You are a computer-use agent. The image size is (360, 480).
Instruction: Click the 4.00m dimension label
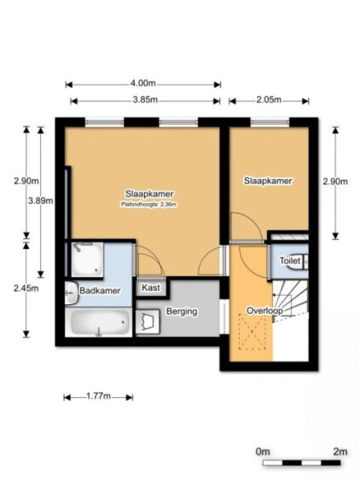tap(143, 83)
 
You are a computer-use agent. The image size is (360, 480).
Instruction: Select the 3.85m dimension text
tap(145, 100)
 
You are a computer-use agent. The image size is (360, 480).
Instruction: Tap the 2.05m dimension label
tap(269, 100)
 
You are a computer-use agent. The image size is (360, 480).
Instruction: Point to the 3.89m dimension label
tap(41, 201)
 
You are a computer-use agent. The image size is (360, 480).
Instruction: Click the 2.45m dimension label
tap(26, 288)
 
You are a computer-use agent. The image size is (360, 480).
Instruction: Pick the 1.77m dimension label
tap(98, 396)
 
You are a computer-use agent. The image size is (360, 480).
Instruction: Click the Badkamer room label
tap(100, 291)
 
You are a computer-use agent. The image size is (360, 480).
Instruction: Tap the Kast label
tap(151, 288)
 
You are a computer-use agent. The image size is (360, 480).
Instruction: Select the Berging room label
tap(182, 312)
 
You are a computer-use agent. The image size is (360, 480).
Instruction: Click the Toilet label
tap(290, 261)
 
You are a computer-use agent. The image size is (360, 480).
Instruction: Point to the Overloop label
tap(264, 310)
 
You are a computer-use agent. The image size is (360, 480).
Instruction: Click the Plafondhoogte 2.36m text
tap(148, 205)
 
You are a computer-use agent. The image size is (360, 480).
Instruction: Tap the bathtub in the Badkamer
tap(99, 322)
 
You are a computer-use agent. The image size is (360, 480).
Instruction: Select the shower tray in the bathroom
tap(87, 259)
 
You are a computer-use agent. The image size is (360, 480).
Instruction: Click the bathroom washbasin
tap(72, 293)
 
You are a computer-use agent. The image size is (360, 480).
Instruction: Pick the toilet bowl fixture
tap(297, 262)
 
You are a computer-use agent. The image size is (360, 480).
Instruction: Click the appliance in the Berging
tap(148, 321)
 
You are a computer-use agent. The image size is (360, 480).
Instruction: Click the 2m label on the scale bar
tap(340, 452)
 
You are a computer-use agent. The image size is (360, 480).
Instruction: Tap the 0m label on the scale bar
tap(263, 452)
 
